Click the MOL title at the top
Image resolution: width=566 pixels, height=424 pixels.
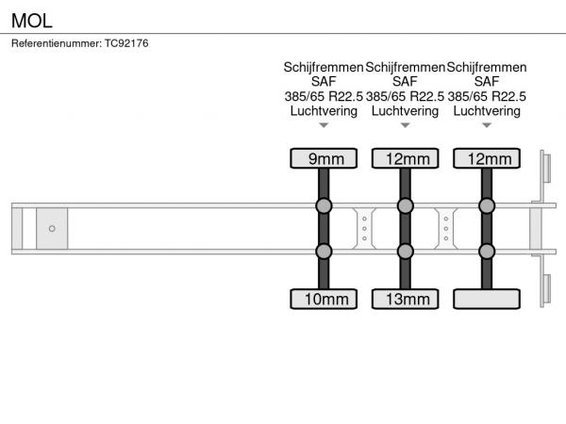[32, 21]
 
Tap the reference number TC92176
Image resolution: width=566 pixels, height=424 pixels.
[126, 43]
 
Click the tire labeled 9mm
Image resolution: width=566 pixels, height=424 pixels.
[324, 158]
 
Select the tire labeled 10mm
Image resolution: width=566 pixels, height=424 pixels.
[324, 299]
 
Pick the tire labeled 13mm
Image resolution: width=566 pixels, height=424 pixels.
[406, 299]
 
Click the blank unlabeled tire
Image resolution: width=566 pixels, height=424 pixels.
[487, 299]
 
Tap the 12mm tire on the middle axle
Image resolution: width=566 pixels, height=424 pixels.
[406, 158]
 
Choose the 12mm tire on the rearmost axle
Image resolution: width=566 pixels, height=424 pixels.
[487, 158]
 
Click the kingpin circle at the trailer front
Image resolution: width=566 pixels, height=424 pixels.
[52, 228]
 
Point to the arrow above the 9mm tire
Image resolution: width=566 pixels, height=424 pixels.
[324, 125]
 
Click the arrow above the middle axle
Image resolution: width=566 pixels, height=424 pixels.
[406, 125]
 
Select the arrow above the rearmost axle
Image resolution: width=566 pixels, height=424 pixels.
[487, 125]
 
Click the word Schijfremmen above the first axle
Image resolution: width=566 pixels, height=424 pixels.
[324, 67]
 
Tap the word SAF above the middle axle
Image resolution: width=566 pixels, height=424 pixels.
[405, 82]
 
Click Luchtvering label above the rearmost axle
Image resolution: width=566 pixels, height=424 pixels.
[487, 111]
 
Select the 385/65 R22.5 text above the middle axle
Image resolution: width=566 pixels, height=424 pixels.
[405, 97]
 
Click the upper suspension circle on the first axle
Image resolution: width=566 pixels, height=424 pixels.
[324, 205]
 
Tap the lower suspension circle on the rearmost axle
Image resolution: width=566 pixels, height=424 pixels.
[487, 252]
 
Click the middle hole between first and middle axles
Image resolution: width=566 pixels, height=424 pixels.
[364, 229]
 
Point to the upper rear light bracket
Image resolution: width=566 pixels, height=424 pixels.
[545, 168]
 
